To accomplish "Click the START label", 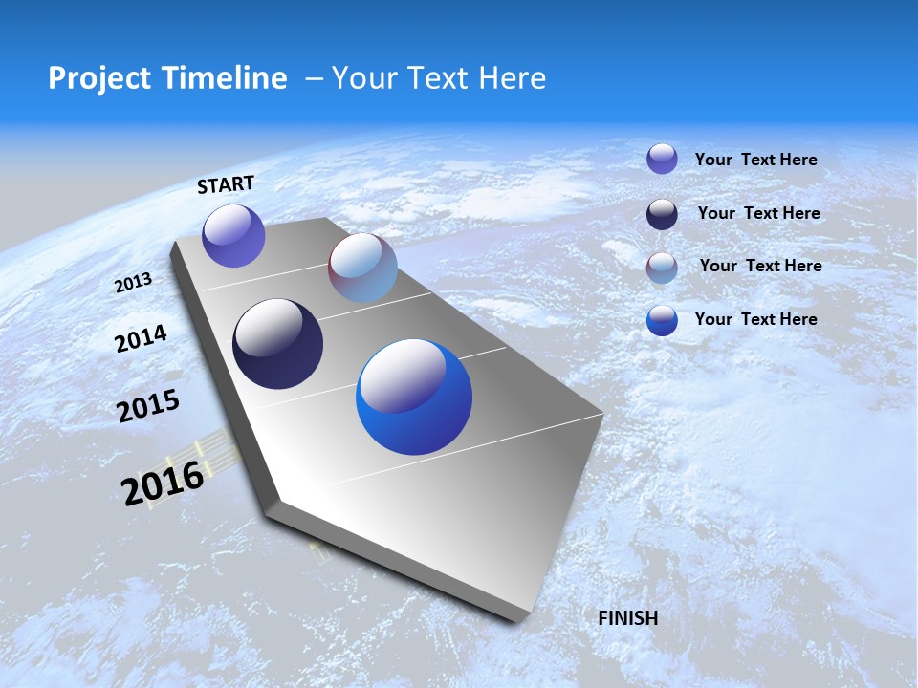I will (226, 184).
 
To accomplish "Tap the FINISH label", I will (627, 618).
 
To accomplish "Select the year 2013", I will (134, 283).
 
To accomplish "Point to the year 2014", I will (142, 338).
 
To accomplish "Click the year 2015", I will (148, 406).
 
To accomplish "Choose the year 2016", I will (163, 483).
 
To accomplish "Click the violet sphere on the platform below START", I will (233, 236).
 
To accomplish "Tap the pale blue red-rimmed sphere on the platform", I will (362, 269).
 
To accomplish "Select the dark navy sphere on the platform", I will (277, 344).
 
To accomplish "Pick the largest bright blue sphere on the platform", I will (414, 397).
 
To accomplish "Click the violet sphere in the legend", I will (662, 159).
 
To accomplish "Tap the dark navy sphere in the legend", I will (662, 214).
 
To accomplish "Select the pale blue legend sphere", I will (662, 268).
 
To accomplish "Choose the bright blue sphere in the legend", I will (662, 320).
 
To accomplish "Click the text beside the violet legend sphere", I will (755, 160).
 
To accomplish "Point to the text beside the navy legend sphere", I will (758, 213).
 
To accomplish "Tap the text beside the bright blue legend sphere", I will (755, 319).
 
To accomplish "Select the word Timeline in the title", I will (225, 78).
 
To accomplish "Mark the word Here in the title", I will (512, 78).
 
